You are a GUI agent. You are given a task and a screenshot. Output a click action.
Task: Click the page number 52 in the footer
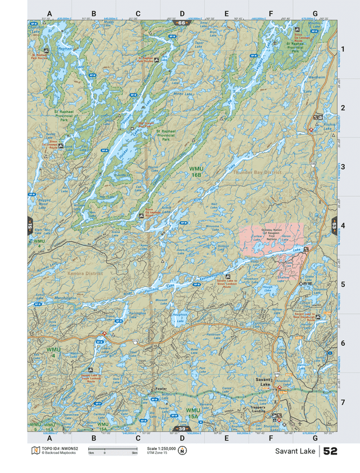tap(330, 451)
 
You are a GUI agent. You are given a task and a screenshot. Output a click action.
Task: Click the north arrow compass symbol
tap(182, 451)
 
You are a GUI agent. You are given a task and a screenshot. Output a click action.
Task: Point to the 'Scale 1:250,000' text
tap(161, 448)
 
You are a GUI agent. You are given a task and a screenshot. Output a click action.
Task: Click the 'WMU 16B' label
tap(196, 172)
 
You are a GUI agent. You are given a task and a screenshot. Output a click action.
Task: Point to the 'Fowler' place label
tap(161, 389)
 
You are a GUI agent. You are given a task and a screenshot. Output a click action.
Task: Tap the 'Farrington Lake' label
tap(137, 314)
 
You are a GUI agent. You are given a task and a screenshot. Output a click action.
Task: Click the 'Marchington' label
tap(66, 298)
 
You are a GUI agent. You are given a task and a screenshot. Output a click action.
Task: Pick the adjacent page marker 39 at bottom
tap(181, 429)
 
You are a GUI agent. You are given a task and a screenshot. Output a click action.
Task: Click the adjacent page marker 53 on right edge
tap(334, 226)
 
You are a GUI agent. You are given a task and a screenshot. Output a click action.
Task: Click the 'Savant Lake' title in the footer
tap(295, 451)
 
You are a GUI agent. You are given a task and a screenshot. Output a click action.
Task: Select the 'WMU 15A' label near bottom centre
tap(192, 413)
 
